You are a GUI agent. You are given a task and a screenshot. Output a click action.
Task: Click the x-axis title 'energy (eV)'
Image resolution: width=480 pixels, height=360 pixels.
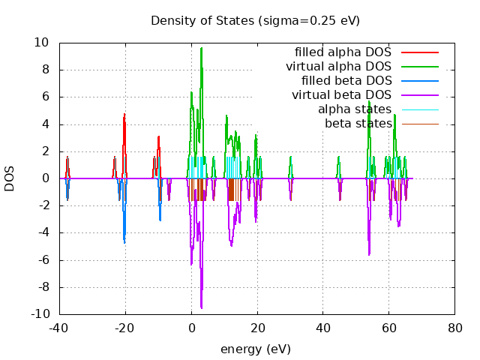[x=255, y=349]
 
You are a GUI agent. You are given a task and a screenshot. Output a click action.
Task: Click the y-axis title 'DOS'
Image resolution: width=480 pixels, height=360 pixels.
[x=10, y=178]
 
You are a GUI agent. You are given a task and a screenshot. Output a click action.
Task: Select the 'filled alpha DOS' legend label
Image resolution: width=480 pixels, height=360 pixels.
[x=343, y=52]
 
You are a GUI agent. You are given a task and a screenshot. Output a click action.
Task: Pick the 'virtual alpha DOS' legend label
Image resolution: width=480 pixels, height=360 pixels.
[x=338, y=67]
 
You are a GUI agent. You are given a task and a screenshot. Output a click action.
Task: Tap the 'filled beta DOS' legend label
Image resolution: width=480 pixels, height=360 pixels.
[x=346, y=80]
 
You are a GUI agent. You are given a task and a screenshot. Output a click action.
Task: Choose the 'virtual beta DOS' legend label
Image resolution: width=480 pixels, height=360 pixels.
[x=341, y=94]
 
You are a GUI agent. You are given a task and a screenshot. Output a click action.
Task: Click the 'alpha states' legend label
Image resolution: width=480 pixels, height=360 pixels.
[x=355, y=109]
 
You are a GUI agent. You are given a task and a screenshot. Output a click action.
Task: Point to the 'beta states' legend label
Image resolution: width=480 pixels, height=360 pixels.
[x=358, y=122]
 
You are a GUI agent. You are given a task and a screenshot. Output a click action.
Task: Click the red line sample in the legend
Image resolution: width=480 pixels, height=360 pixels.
[x=419, y=52]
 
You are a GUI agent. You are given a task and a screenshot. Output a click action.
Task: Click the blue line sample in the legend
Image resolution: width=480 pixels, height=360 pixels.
[x=419, y=80]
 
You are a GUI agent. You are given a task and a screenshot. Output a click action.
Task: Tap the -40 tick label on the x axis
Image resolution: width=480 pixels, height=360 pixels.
[x=60, y=328]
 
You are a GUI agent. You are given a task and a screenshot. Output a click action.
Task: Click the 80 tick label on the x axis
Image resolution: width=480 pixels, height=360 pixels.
[x=454, y=328]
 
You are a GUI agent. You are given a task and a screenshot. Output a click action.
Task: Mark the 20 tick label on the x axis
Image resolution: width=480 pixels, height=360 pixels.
[x=257, y=328]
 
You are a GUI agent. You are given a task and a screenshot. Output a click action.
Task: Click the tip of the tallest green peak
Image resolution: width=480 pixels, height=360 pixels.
[x=201, y=48]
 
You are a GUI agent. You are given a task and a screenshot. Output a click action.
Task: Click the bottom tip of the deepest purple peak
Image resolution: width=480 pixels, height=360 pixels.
[x=201, y=308]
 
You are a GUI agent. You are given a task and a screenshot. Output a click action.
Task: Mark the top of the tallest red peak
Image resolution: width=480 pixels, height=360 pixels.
[x=124, y=114]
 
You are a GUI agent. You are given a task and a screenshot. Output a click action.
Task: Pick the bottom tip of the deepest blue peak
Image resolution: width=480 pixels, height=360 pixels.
[x=124, y=243]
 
